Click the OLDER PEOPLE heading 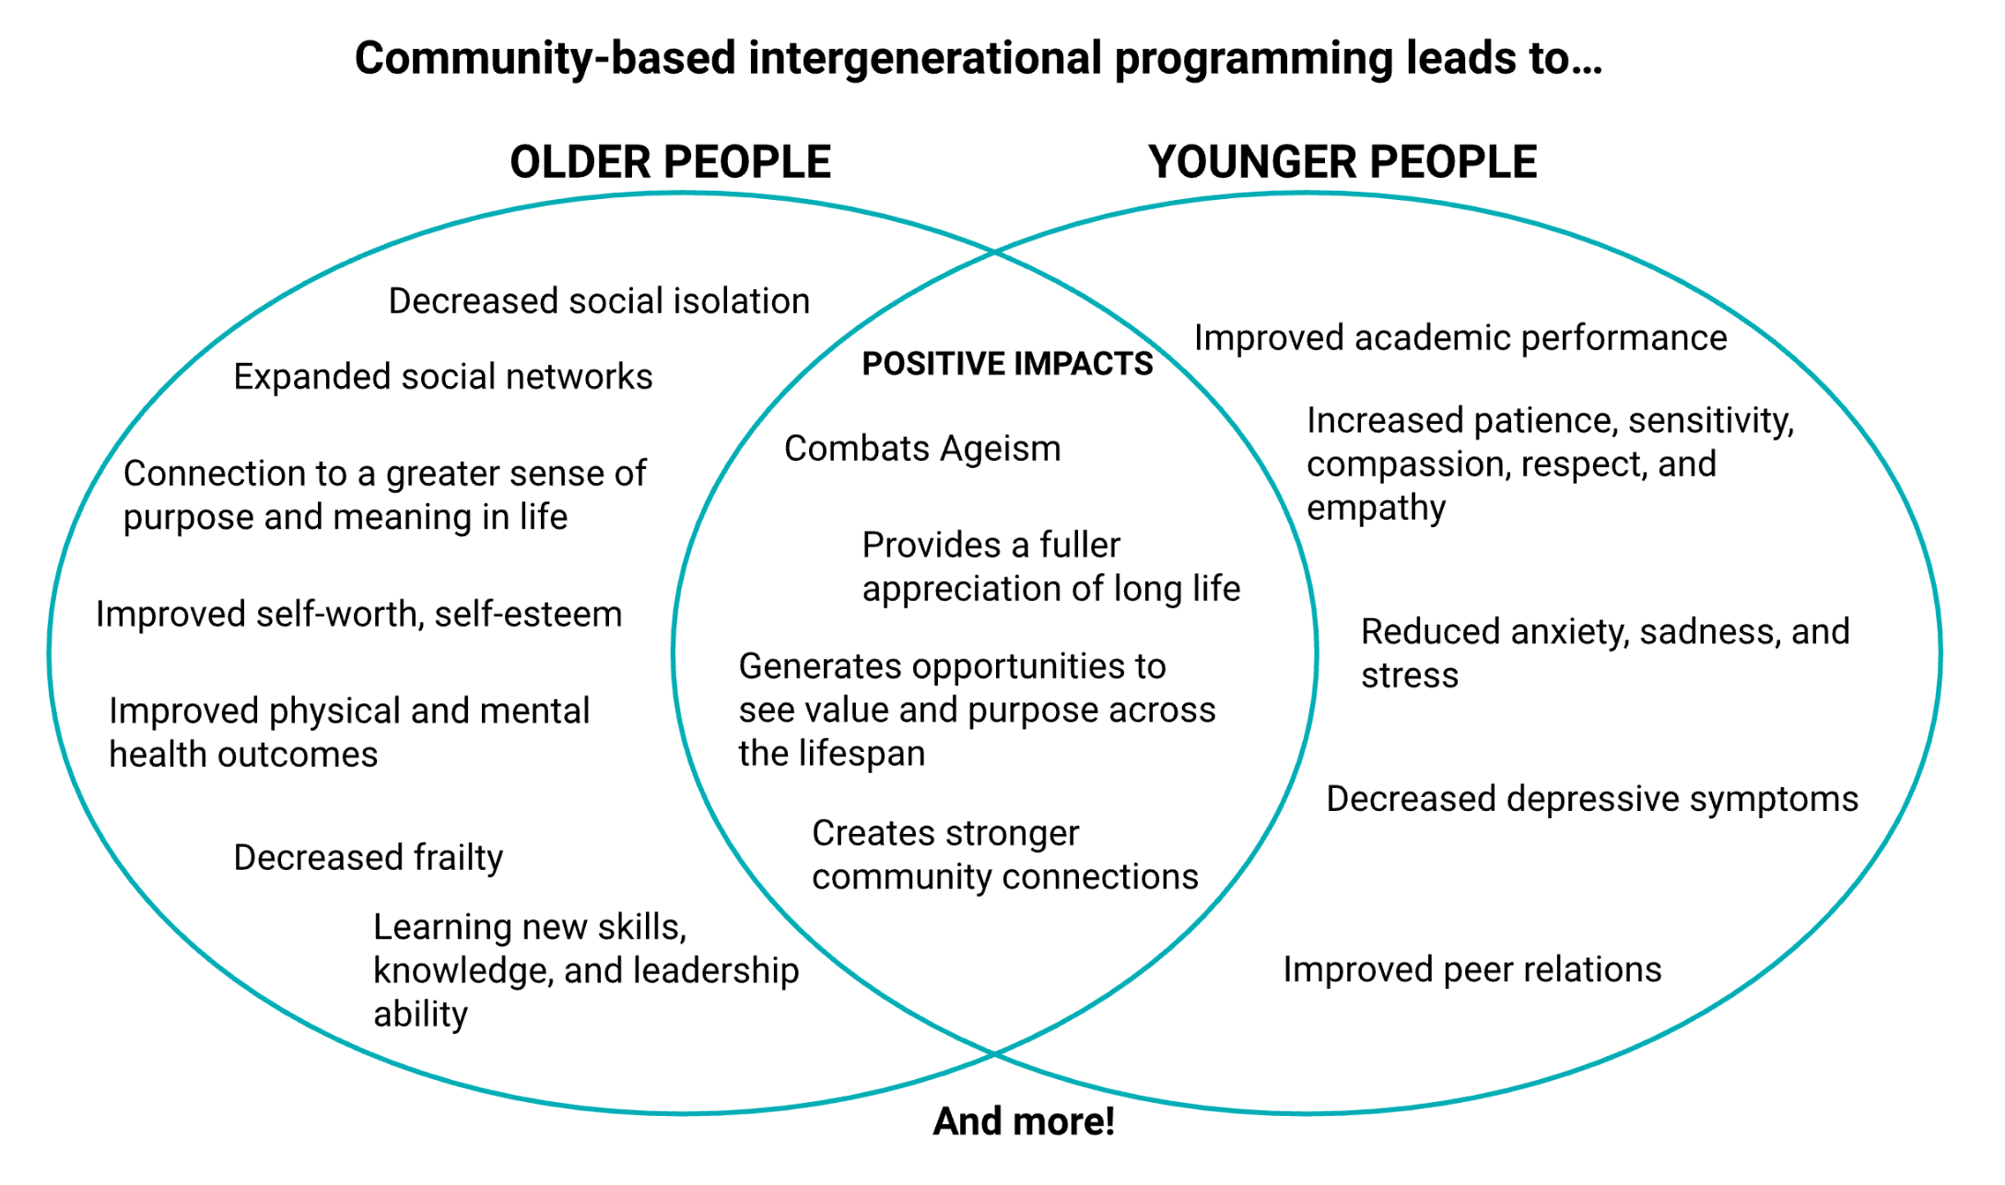coord(670,162)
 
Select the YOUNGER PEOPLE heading coord(1342,162)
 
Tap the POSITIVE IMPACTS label coord(1007,364)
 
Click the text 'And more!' coord(1024,1121)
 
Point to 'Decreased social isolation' coord(599,301)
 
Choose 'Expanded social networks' coord(442,377)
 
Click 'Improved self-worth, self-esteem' coord(358,615)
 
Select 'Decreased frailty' coord(368,858)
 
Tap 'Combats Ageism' coord(922,449)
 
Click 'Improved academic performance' coord(1460,338)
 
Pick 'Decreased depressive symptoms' coord(1591,799)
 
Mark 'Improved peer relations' coord(1472,969)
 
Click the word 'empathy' coord(1376,509)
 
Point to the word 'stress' coord(1410,676)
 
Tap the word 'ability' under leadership coord(420,1015)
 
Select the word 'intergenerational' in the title coord(925,58)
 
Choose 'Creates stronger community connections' coord(1004,855)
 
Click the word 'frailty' coord(458,858)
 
